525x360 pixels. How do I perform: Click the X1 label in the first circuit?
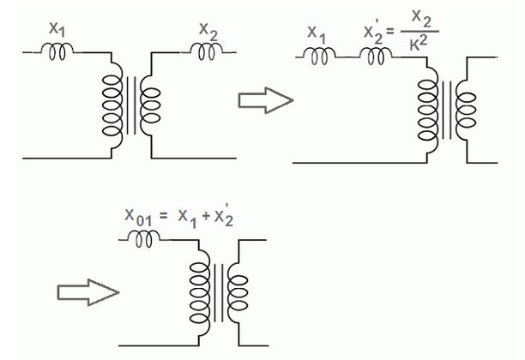click(x=57, y=30)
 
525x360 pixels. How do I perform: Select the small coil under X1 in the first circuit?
click(x=58, y=51)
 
